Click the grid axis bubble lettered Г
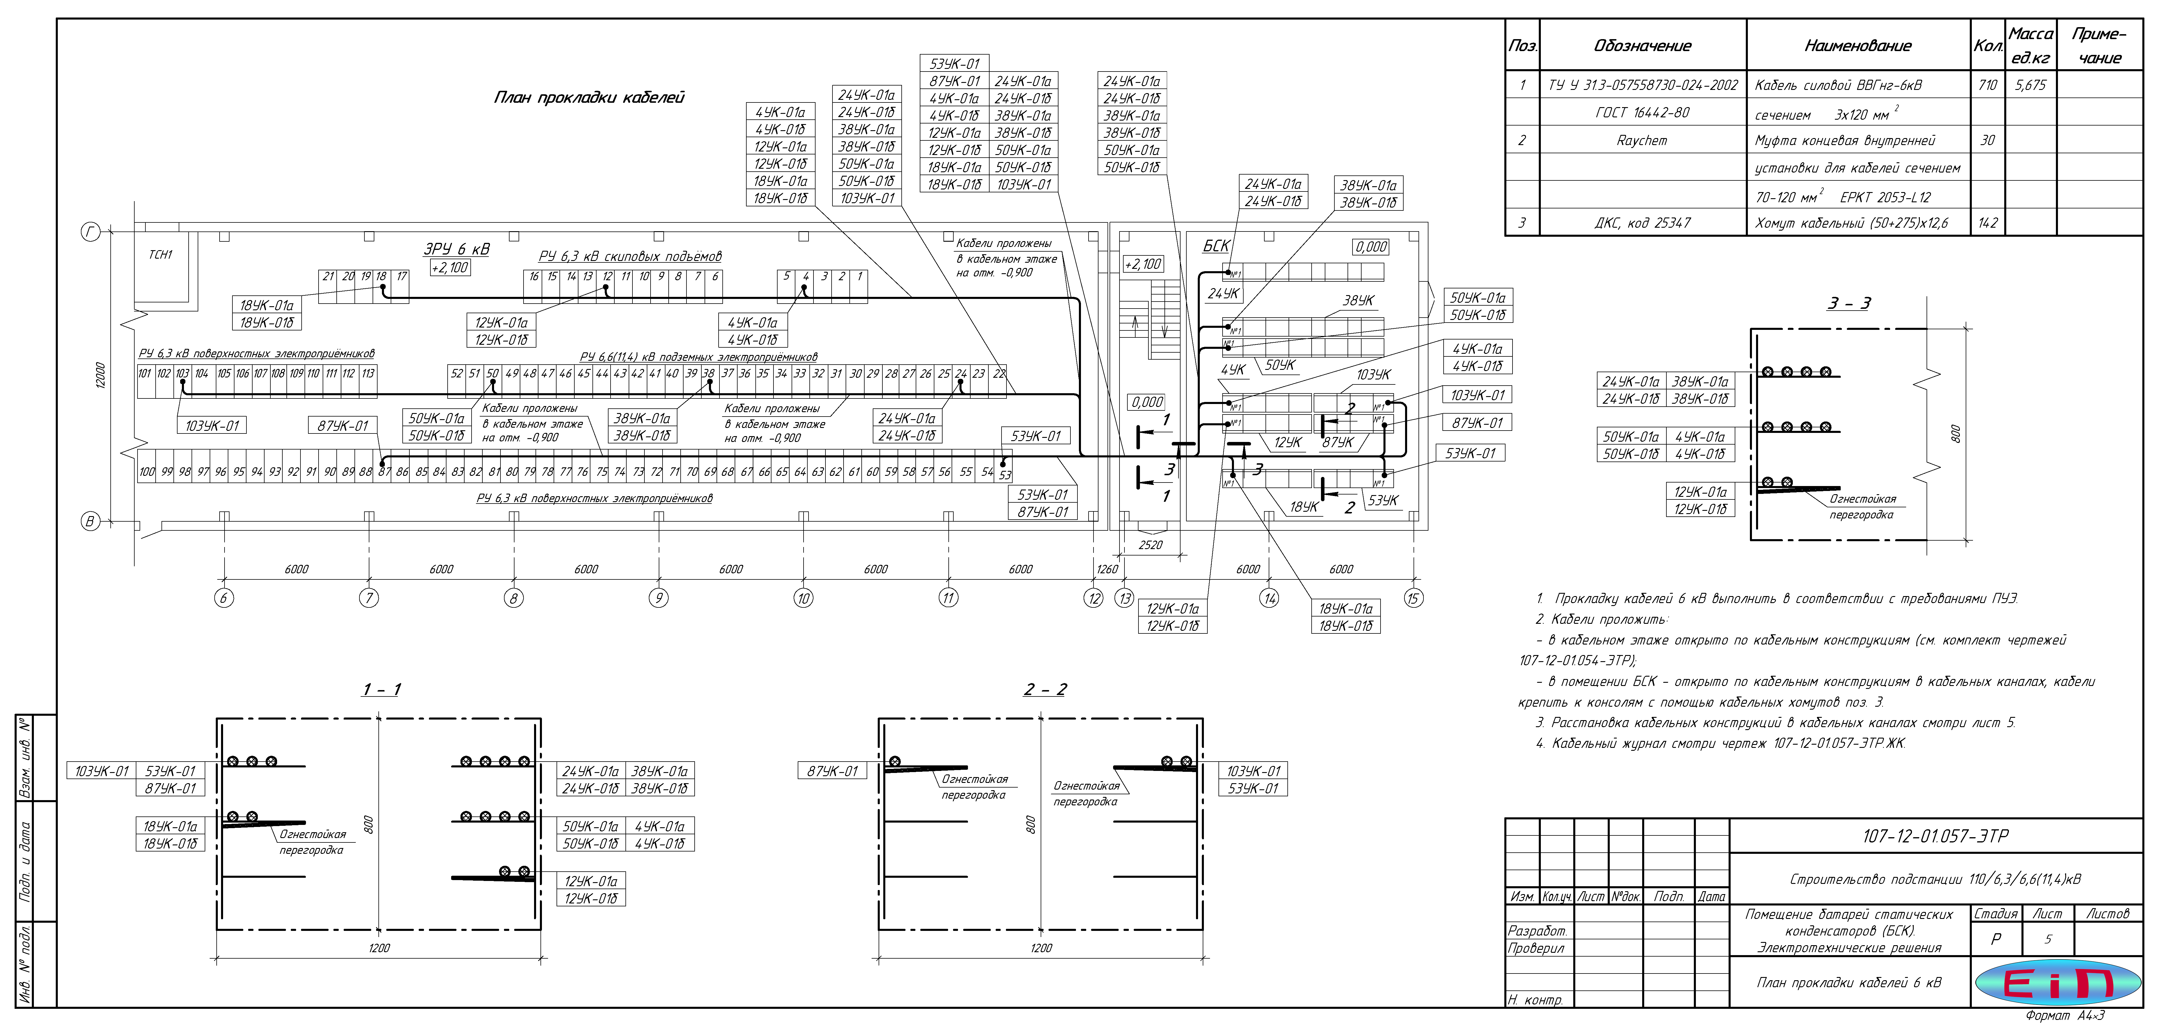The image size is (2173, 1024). click(90, 232)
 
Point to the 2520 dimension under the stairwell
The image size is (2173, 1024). click(1150, 545)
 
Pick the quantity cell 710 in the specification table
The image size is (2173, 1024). click(1987, 85)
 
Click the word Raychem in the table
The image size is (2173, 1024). click(1642, 140)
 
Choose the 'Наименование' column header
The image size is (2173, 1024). click(1858, 46)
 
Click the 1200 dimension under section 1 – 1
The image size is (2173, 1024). click(379, 948)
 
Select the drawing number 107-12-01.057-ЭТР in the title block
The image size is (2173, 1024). click(1935, 836)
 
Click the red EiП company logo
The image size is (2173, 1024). click(2058, 983)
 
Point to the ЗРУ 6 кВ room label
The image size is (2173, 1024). click(456, 249)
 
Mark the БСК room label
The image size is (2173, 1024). click(1216, 245)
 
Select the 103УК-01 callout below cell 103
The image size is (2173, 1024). click(212, 426)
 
